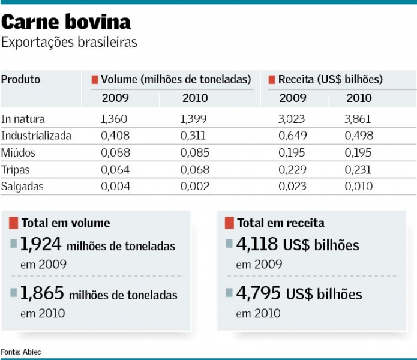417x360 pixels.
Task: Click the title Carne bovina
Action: [x=66, y=22]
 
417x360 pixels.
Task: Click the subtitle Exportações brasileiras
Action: [x=69, y=43]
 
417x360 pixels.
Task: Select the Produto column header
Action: [x=20, y=79]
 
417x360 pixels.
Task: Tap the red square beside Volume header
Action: [x=95, y=80]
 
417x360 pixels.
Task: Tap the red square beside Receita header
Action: [x=272, y=80]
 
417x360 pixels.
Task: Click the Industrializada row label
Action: [x=36, y=136]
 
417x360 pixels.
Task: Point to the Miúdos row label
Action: [x=18, y=152]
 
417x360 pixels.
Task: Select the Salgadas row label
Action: [x=22, y=186]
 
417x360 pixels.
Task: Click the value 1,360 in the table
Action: [x=114, y=119]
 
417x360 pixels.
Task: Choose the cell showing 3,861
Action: [x=358, y=119]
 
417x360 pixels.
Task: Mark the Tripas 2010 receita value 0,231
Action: [x=358, y=169]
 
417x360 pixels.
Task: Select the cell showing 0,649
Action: [x=292, y=136]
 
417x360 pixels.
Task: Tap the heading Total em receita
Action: [x=281, y=223]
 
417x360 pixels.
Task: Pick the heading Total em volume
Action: [x=65, y=223]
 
